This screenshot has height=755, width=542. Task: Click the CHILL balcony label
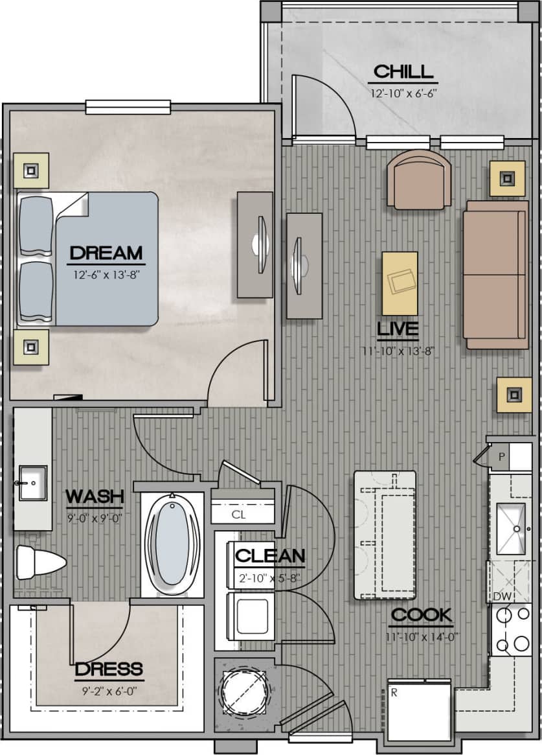pyautogui.click(x=403, y=71)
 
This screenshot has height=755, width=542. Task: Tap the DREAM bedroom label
pyautogui.click(x=106, y=252)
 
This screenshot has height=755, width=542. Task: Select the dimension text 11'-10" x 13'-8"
pyautogui.click(x=398, y=352)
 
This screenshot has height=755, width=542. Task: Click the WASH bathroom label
pyautogui.click(x=95, y=497)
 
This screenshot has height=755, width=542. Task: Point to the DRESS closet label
pyautogui.click(x=108, y=669)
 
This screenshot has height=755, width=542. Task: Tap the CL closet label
pyautogui.click(x=238, y=515)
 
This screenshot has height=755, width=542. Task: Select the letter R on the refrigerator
pyautogui.click(x=394, y=692)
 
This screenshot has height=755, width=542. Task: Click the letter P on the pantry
pyautogui.click(x=501, y=456)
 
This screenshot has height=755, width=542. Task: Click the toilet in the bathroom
pyautogui.click(x=40, y=562)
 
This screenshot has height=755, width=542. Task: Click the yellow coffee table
pyautogui.click(x=400, y=283)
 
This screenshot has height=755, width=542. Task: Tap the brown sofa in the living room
pyautogui.click(x=496, y=274)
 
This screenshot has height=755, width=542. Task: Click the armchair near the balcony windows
pyautogui.click(x=419, y=180)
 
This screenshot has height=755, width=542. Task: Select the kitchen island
pyautogui.click(x=385, y=535)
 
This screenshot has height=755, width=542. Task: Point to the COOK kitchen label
pyautogui.click(x=421, y=615)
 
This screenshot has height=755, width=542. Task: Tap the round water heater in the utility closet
pyautogui.click(x=245, y=693)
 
